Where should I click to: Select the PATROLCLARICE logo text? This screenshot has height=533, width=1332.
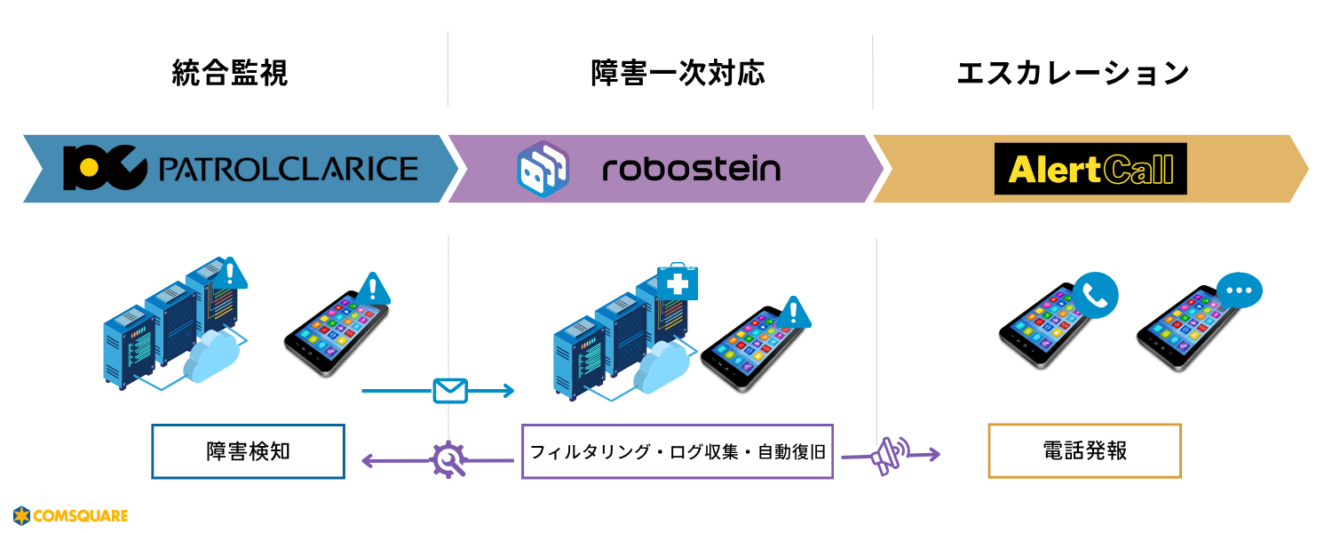(287, 169)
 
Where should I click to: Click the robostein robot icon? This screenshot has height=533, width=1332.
(543, 169)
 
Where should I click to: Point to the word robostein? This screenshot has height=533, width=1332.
(691, 169)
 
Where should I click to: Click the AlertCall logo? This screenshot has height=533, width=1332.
(1090, 169)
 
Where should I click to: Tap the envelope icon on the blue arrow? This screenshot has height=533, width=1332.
(450, 391)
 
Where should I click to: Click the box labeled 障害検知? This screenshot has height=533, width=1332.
(248, 451)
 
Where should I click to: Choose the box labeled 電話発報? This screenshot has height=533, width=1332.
(1084, 451)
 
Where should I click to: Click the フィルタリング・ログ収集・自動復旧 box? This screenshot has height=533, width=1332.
(678, 451)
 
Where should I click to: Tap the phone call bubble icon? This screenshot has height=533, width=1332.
(1095, 294)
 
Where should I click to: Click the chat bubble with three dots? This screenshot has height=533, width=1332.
(1239, 290)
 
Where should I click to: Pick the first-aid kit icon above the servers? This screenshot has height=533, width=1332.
(677, 282)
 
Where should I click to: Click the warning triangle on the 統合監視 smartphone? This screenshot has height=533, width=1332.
(374, 289)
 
